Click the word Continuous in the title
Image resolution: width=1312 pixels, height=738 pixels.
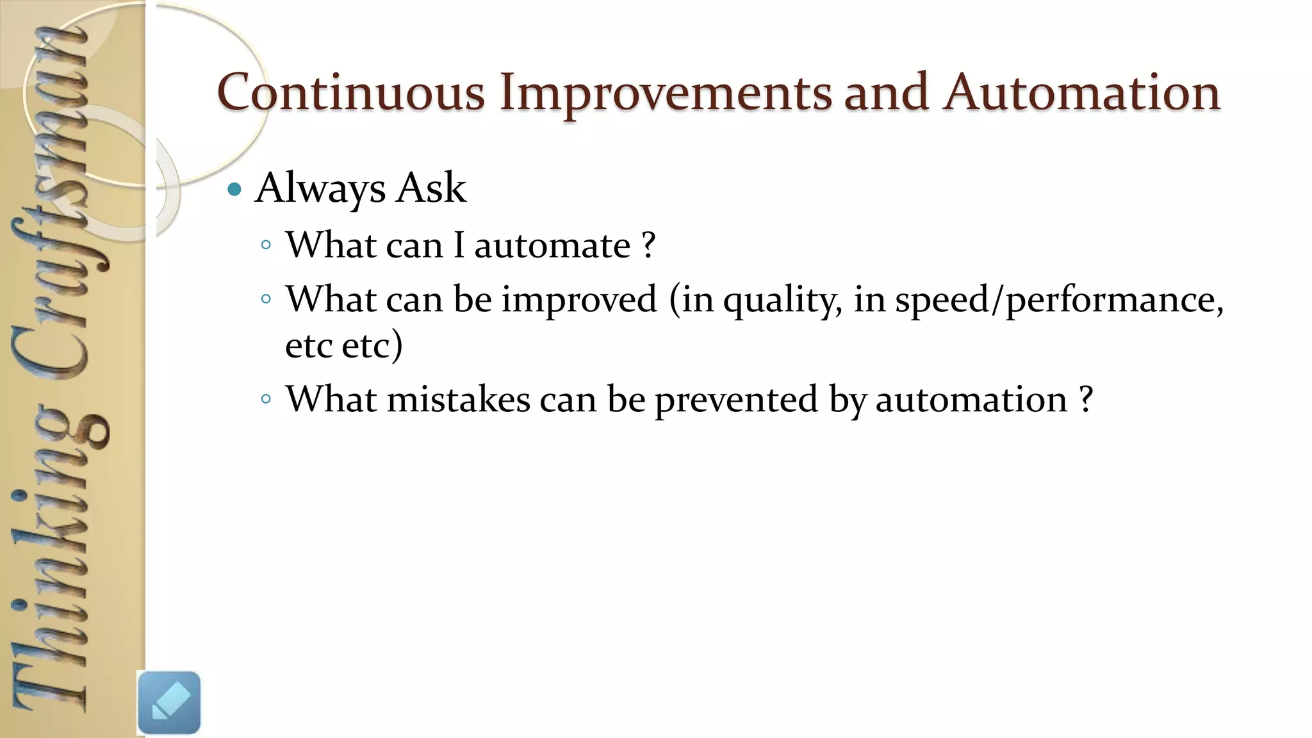pos(351,92)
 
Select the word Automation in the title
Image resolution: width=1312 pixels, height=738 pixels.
pos(1081,92)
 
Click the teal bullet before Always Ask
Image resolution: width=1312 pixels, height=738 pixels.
pos(235,189)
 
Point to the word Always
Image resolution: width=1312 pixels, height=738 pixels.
pos(320,188)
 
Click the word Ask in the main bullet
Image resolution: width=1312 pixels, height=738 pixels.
pos(431,188)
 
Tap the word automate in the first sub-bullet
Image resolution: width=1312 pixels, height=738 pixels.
pos(552,245)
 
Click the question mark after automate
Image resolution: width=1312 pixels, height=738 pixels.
pos(648,245)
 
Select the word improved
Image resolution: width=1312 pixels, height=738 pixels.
pos(579,299)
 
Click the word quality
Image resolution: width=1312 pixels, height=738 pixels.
pos(782,300)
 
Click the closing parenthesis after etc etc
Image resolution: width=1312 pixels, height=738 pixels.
pos(397,346)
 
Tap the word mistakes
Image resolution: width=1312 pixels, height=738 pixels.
pos(459,399)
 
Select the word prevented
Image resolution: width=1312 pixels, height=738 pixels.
pos(736,399)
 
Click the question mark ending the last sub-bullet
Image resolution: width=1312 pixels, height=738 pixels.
pos(1085,399)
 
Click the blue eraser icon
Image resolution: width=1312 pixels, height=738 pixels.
pos(168,702)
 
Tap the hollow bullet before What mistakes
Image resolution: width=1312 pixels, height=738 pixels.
pos(266,399)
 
